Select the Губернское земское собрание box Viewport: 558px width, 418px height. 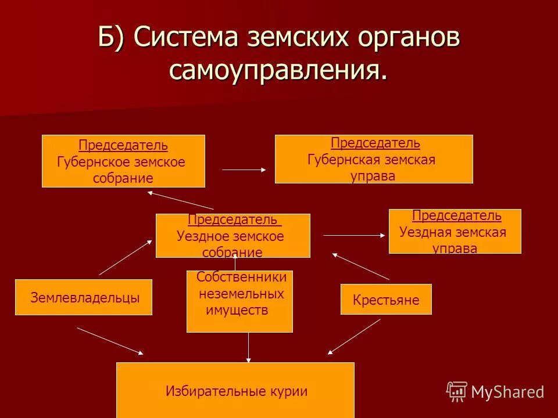123,161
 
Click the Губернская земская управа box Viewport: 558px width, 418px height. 373,159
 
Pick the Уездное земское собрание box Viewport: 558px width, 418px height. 233,236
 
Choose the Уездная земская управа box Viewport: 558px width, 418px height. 455,231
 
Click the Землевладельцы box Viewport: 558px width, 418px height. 84,297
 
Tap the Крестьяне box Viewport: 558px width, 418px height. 386,300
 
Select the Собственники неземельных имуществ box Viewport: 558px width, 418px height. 239,301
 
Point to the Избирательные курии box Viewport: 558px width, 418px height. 235,390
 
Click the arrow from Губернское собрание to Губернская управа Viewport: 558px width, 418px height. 244,170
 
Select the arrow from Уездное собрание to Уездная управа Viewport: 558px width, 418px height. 354,235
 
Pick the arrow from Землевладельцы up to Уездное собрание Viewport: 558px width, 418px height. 125,257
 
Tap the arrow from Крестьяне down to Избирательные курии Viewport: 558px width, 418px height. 354,336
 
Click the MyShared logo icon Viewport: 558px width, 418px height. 457,391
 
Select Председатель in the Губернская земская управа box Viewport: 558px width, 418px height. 375,143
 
